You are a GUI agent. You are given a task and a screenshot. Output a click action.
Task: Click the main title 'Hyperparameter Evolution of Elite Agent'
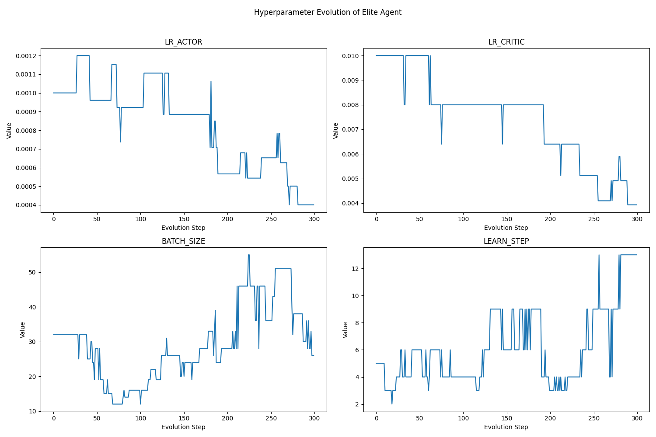(x=328, y=12)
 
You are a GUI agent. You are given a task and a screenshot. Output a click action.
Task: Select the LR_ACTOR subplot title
(x=183, y=42)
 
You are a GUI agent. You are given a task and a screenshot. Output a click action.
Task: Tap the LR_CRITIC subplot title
(x=506, y=42)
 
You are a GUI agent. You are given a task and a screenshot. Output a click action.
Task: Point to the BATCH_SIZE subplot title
(x=183, y=241)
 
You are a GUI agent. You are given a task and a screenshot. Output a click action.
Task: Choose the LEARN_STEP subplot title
(x=506, y=241)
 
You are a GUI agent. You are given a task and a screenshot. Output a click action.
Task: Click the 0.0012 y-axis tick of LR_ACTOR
(x=26, y=56)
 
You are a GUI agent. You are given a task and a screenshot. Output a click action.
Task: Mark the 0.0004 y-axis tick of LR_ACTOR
(x=26, y=205)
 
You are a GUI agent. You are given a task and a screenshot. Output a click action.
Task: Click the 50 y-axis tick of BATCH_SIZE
(x=32, y=272)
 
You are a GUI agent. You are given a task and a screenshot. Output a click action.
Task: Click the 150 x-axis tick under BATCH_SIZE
(x=184, y=418)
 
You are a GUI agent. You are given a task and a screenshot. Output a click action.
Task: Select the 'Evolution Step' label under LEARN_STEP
(x=506, y=427)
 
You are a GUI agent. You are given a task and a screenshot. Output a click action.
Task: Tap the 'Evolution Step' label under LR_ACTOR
(x=183, y=228)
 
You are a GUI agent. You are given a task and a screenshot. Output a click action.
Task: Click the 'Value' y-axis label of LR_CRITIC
(x=336, y=131)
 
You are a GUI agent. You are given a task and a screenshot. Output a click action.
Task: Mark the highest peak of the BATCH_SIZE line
(x=248, y=255)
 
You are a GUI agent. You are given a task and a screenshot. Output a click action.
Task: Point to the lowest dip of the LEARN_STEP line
(x=392, y=404)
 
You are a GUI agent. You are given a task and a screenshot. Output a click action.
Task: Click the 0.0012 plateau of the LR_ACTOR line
(x=83, y=55)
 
